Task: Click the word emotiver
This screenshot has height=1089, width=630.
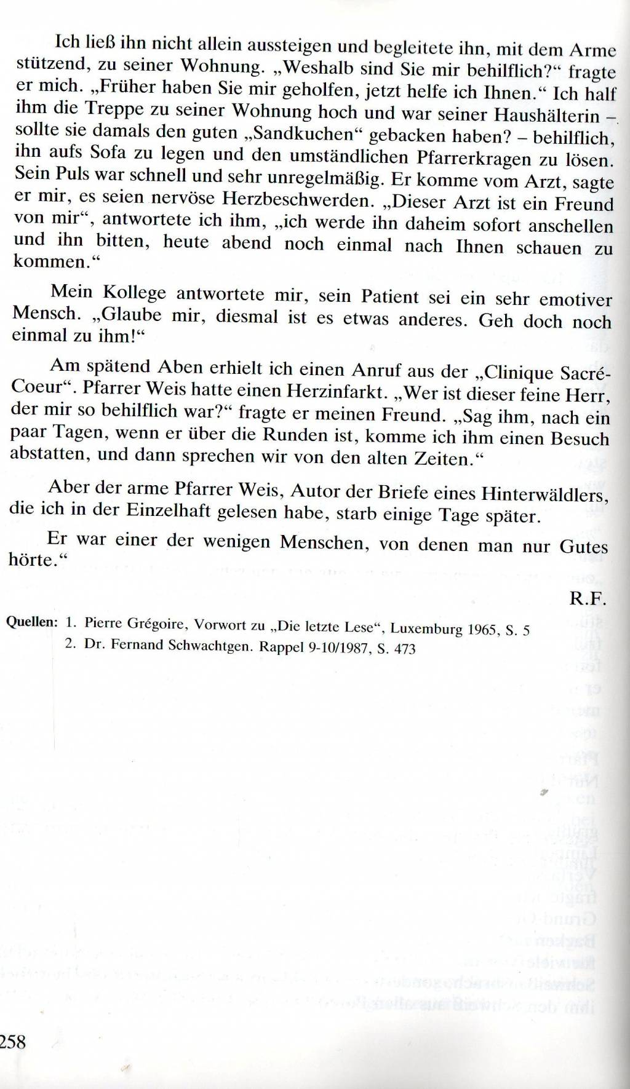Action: [x=575, y=300]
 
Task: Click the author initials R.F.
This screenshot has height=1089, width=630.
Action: [x=588, y=598]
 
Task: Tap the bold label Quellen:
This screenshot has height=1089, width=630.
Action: [x=31, y=622]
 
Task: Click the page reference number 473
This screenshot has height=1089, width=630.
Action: [x=404, y=649]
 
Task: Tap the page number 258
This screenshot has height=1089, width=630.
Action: [x=13, y=1041]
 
